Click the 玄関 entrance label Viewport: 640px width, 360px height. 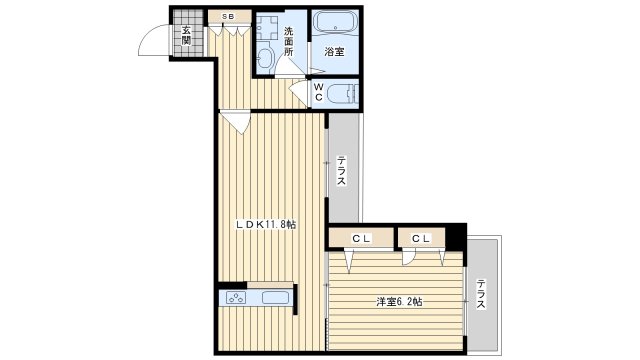[x=187, y=36]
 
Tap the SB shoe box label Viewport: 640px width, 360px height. [x=228, y=17]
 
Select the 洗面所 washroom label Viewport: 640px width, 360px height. [x=289, y=41]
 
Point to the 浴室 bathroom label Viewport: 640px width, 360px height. [x=334, y=52]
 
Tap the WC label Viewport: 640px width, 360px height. [x=319, y=92]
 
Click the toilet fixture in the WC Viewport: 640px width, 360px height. [x=342, y=93]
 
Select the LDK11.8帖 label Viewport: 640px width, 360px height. [x=266, y=224]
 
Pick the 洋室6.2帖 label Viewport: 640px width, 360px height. [x=399, y=302]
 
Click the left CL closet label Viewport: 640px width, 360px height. [x=362, y=239]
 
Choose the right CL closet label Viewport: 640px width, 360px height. [x=421, y=239]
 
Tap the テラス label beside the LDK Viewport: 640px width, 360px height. [x=341, y=171]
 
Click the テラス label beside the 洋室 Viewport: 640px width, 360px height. [x=481, y=294]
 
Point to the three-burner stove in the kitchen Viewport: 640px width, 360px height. [x=236, y=298]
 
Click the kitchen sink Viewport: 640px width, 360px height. [x=276, y=298]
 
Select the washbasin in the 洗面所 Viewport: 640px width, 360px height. [x=266, y=58]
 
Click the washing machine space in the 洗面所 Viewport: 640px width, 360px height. [x=267, y=27]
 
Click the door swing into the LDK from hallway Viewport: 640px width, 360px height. [x=237, y=122]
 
